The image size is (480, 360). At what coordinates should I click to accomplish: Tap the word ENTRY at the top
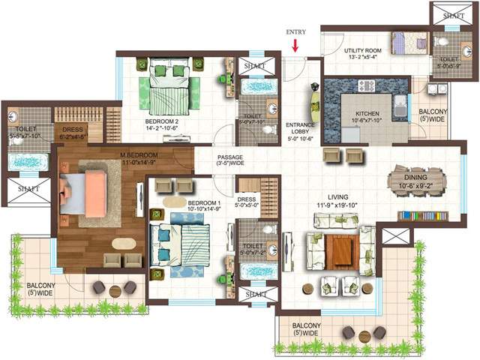[295, 32]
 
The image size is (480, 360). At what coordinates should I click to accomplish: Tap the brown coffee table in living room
[340, 250]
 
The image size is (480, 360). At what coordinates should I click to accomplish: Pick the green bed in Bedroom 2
[173, 88]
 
